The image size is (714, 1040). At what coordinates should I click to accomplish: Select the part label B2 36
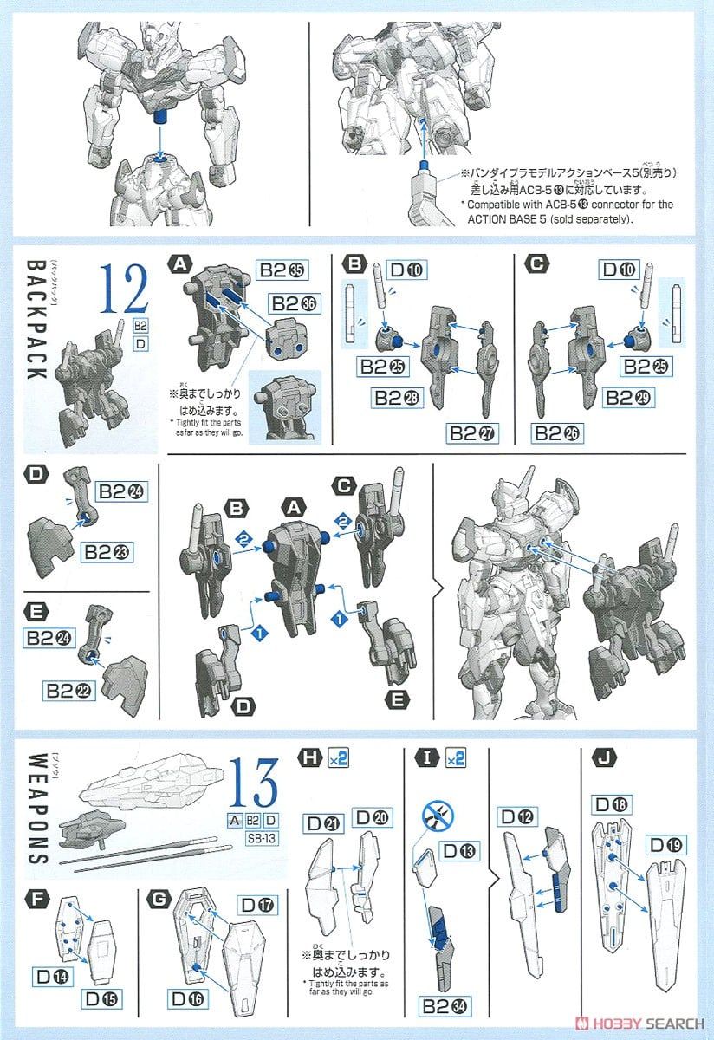(293, 303)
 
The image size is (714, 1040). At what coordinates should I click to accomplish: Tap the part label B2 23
(108, 550)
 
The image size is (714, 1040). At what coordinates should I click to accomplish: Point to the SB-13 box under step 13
(251, 838)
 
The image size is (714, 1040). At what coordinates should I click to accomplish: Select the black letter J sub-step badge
(598, 758)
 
